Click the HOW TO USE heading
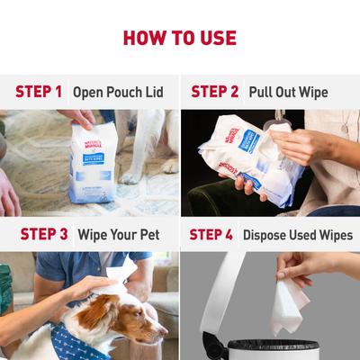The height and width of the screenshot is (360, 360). pyautogui.click(x=180, y=38)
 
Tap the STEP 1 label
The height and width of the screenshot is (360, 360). pyautogui.click(x=39, y=92)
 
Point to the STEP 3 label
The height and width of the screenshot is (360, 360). pyautogui.click(x=39, y=234)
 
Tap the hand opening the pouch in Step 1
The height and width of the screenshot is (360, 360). pyautogui.click(x=77, y=117)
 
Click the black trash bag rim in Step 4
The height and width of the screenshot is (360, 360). pyautogui.click(x=270, y=346)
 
